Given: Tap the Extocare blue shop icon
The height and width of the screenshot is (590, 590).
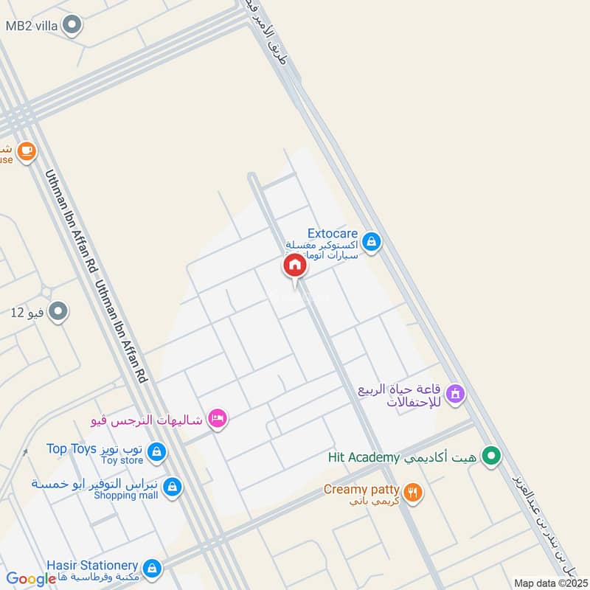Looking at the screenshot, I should tap(371, 241).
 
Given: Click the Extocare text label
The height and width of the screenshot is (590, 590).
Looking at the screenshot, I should tap(333, 234).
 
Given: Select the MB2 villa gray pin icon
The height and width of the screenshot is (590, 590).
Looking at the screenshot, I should tap(72, 26).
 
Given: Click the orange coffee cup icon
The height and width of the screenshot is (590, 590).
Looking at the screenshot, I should tap(27, 151).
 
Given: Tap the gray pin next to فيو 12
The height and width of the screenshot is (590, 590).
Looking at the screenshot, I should tap(58, 312).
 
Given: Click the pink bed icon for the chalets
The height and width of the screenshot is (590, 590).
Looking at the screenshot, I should tap(217, 419).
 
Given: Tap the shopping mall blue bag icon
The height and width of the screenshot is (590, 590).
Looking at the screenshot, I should tap(172, 487).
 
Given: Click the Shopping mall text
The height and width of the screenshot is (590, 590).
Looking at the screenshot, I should tap(126, 496).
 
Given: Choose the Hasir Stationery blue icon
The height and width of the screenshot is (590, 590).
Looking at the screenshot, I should tap(153, 567).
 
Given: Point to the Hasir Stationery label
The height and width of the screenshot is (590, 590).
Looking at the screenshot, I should tap(92, 564).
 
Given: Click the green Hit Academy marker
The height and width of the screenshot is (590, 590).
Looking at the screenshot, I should tap(490, 457).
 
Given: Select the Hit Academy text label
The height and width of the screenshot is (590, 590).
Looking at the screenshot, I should tap(364, 458).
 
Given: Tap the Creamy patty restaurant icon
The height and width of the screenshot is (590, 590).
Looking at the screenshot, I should tap(413, 492).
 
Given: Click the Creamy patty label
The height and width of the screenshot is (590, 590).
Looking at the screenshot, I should tap(361, 489).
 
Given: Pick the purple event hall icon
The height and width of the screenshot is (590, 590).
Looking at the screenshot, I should tap(454, 395).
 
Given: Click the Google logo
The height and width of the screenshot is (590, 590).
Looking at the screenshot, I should tap(31, 579).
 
